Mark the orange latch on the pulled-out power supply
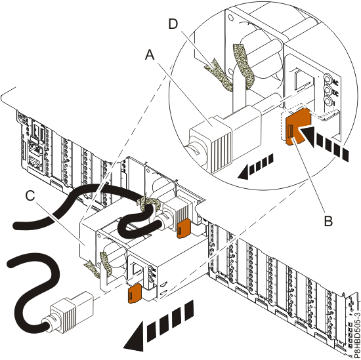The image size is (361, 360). [135, 293]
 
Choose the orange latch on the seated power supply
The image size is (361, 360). [183, 228]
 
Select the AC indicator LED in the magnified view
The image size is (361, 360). [328, 79]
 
